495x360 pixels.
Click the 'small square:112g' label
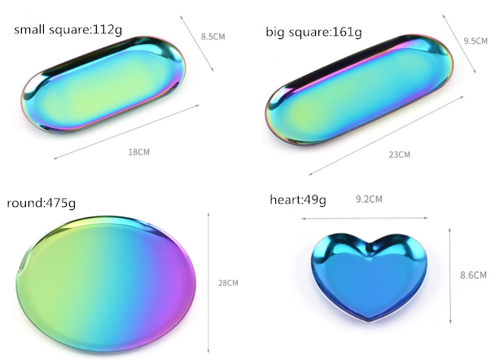(68, 30)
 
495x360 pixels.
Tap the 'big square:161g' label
(313, 33)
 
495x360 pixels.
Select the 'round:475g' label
(41, 203)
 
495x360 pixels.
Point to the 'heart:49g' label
(298, 200)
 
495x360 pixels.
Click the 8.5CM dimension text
(213, 37)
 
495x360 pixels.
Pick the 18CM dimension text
(139, 152)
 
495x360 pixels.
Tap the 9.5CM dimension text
(475, 41)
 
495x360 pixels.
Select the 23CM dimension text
(400, 155)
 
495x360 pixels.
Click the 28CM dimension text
(228, 283)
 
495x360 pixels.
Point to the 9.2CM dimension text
(369, 200)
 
